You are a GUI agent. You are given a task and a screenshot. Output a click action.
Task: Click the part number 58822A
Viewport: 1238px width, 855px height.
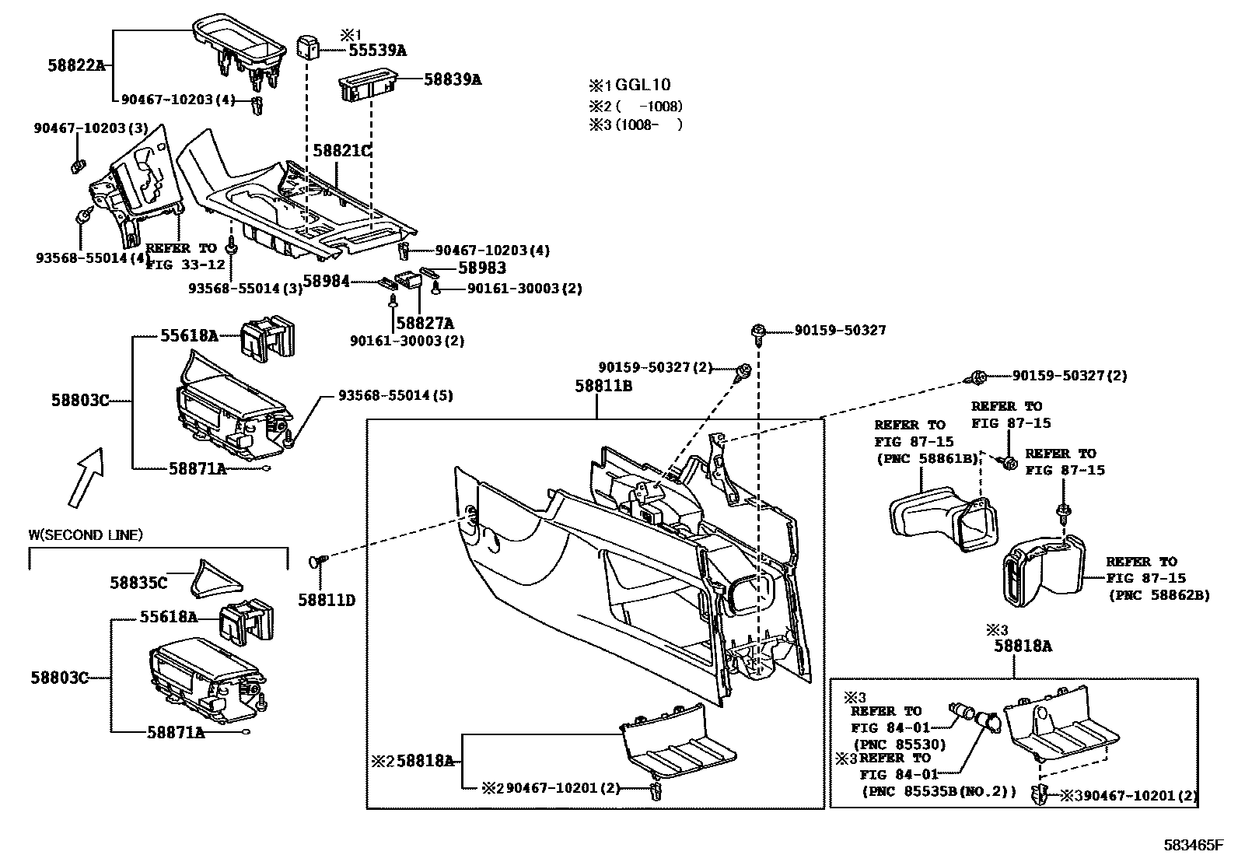coord(75,66)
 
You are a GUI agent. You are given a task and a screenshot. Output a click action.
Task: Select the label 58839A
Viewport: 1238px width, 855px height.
coord(453,79)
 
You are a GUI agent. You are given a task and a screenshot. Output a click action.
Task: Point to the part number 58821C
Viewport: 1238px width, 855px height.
coord(341,150)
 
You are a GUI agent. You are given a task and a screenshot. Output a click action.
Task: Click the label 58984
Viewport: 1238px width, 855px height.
coord(326,282)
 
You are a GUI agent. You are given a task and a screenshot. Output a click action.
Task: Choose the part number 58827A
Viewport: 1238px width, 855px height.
coord(425,323)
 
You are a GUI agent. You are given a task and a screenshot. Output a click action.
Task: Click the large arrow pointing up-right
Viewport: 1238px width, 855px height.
coord(86,477)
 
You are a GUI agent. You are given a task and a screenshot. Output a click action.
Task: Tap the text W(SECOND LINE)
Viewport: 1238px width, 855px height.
coord(86,534)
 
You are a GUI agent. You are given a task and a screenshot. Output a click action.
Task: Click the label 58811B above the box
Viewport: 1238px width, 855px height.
coord(603,385)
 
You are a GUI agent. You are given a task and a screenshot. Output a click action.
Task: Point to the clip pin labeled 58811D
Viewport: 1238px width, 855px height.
coord(318,559)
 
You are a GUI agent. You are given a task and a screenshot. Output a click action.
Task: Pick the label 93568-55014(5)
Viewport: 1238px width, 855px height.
coord(395,395)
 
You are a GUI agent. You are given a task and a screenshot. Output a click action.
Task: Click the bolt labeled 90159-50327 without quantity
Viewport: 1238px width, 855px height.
coord(757,332)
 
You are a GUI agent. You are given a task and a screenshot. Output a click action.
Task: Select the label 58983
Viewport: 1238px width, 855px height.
coord(482,268)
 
